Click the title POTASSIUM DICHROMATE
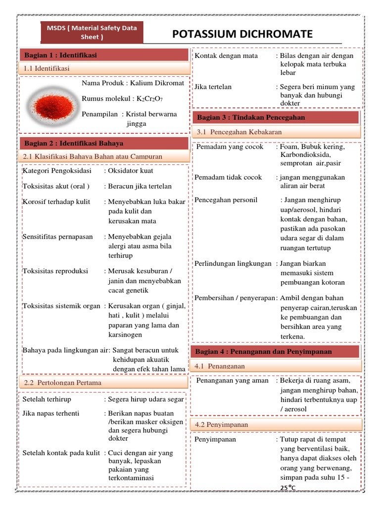(x=242, y=34)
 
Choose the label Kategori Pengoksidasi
(x=57, y=171)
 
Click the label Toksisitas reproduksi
(x=55, y=271)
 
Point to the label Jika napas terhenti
(x=50, y=413)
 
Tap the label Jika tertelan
(x=213, y=87)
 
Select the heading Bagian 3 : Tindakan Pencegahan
(x=251, y=117)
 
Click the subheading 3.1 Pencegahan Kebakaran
(x=239, y=132)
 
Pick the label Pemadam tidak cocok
(x=228, y=177)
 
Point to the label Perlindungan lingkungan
(x=233, y=263)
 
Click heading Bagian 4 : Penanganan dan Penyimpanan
(x=263, y=352)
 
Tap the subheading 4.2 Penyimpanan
(x=221, y=425)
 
